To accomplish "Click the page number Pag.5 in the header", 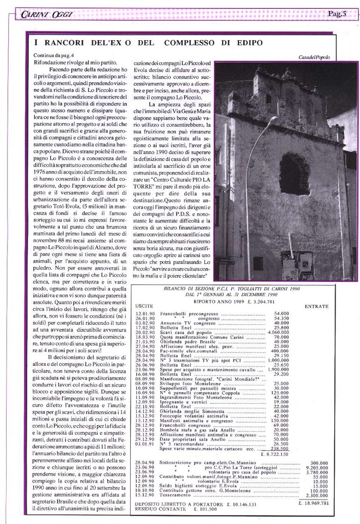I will [336, 14].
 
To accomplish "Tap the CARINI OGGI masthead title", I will [46, 15].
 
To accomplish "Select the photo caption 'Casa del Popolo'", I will [314, 57].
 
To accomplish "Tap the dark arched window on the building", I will [294, 174].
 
